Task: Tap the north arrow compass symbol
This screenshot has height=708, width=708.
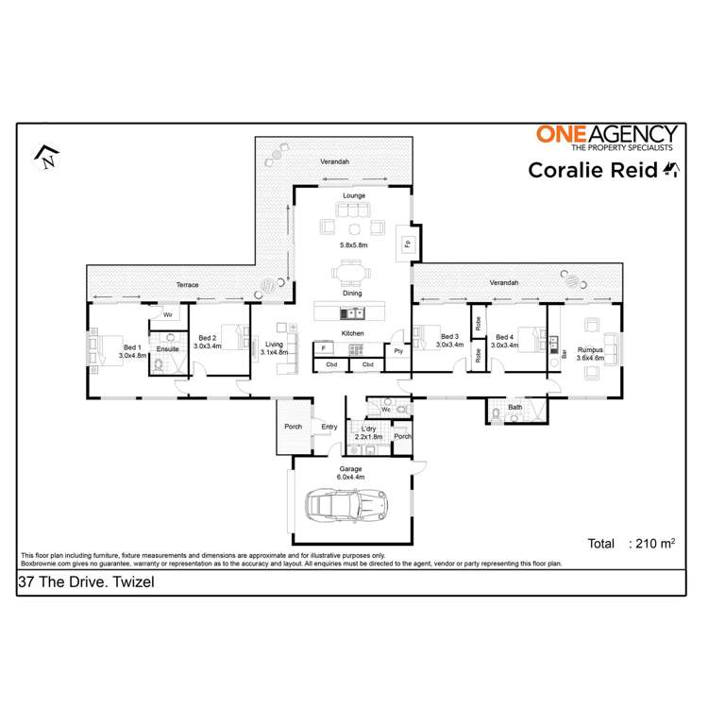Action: (45, 157)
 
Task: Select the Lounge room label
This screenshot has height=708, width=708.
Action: (353, 195)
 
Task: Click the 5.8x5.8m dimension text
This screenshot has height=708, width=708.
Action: (353, 244)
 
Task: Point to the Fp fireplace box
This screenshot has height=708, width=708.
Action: (407, 244)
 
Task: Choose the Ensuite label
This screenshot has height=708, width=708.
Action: (167, 349)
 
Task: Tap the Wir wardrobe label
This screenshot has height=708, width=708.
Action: (167, 314)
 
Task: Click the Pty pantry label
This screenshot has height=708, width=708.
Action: (398, 350)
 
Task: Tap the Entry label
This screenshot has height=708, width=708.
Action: (329, 428)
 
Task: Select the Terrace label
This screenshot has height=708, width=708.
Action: (187, 284)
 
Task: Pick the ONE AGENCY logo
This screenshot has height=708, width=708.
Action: (606, 138)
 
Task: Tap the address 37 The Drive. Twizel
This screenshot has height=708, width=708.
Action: (86, 583)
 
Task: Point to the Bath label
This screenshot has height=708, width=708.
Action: (514, 407)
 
